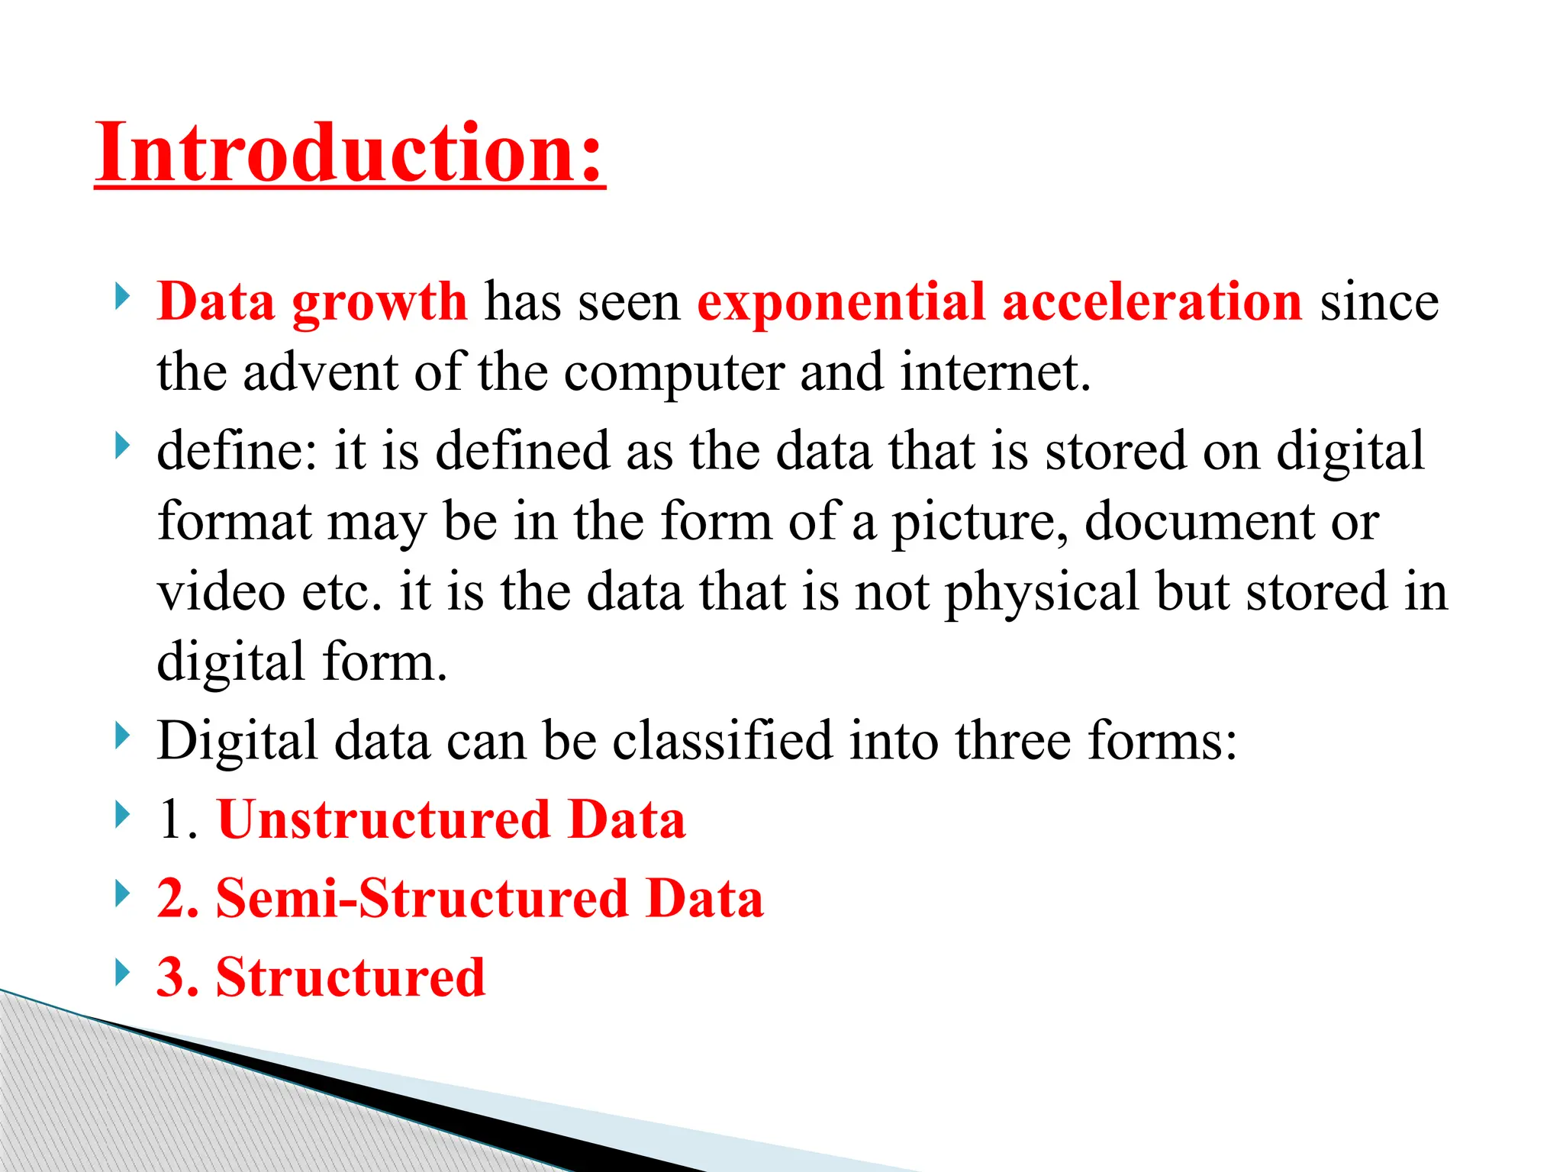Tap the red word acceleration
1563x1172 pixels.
coord(1152,302)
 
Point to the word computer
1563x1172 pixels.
coord(674,374)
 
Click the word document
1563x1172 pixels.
coord(1199,522)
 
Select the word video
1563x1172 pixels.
coord(221,592)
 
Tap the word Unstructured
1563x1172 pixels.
coord(384,820)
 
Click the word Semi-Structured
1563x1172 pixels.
coord(422,899)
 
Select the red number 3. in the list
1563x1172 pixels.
coord(178,977)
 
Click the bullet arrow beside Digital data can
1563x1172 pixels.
coord(122,737)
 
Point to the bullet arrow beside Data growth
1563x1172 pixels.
coord(122,297)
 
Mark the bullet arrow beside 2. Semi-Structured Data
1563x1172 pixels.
coord(122,893)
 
